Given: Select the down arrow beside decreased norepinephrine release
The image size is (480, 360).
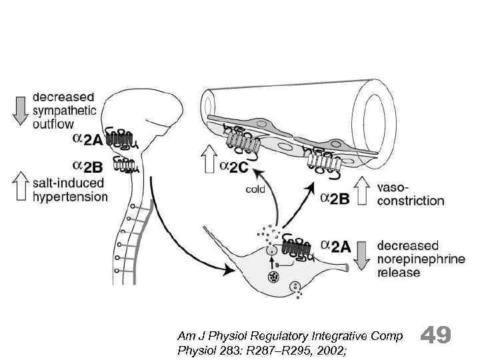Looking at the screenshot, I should coord(362,254).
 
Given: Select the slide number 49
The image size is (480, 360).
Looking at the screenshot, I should coord(437,335).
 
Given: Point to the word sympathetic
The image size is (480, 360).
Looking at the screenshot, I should coord(65,111).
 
